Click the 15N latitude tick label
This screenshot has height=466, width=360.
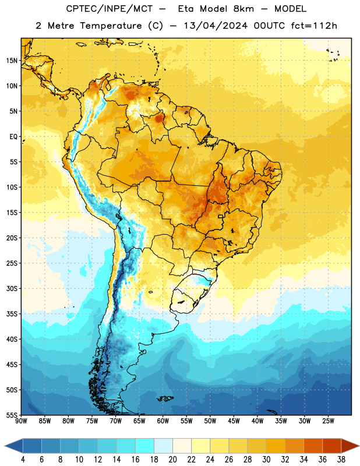pyautogui.click(x=12, y=61)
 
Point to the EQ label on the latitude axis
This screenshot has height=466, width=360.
pyautogui.click(x=13, y=137)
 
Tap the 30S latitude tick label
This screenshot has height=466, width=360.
pyautogui.click(x=12, y=288)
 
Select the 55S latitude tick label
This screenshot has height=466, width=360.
pyautogui.click(x=12, y=415)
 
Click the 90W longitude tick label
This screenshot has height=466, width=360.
pyautogui.click(x=21, y=421)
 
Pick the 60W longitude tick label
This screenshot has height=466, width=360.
pyautogui.click(x=163, y=421)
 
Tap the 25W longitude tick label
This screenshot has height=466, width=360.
pyautogui.click(x=328, y=421)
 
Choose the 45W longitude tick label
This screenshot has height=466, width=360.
pyautogui.click(x=234, y=421)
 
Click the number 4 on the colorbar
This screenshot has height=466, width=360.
pyautogui.click(x=23, y=460)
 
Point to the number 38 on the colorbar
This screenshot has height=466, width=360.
pyautogui.click(x=341, y=460)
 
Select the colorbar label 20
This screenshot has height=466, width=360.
pyautogui.click(x=172, y=460)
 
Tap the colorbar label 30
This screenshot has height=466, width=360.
pyautogui.click(x=266, y=460)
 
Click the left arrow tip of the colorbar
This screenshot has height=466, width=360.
pyautogui.click(x=5, y=446)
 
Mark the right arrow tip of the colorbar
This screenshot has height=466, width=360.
pyautogui.click(x=359, y=446)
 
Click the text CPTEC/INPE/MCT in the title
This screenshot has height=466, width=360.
pyautogui.click(x=109, y=9)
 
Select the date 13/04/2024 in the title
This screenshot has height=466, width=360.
pyautogui.click(x=216, y=26)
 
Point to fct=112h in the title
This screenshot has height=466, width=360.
pyautogui.click(x=314, y=26)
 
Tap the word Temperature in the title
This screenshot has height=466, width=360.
pyautogui.click(x=111, y=26)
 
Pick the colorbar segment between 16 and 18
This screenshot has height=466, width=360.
pyautogui.click(x=145, y=446)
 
